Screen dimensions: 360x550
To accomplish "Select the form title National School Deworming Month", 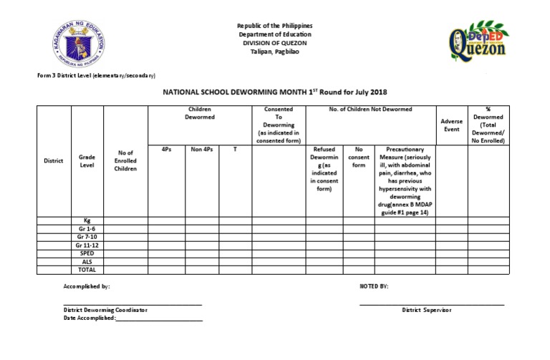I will (274, 92).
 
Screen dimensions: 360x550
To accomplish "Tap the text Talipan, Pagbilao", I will (274, 50).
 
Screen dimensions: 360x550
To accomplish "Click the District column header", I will (54, 161).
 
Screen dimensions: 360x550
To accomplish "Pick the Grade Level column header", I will (87, 161).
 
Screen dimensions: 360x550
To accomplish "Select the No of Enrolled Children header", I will (125, 161).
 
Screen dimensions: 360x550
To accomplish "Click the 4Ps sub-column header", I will (166, 150).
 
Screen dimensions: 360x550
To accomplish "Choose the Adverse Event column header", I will (451, 126).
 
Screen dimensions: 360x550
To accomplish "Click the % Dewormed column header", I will (487, 126).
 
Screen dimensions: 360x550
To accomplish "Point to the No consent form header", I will (358, 157).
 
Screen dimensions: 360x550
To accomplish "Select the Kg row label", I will (87, 220).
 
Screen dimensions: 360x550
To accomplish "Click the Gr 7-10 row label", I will (87, 237).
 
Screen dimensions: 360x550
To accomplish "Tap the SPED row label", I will (87, 253).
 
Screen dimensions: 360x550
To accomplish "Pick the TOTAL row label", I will (87, 270).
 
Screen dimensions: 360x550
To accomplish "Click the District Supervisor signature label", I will (427, 310).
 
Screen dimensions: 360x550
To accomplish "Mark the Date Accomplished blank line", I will (158, 318).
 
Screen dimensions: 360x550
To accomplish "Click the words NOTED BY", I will (374, 286).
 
